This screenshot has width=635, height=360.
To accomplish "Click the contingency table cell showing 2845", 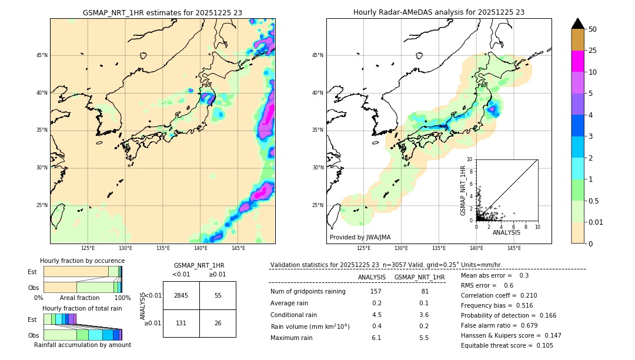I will click(x=181, y=295).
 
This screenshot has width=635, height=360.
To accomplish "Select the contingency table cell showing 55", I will click(x=218, y=295).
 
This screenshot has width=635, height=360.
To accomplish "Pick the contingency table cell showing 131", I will click(x=181, y=322).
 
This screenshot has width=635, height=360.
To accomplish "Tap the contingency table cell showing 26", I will click(x=218, y=322).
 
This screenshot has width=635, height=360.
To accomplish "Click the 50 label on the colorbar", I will click(x=593, y=29).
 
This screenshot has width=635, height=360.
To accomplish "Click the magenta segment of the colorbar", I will click(x=577, y=61).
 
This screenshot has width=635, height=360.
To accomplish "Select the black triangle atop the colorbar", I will click(x=577, y=24).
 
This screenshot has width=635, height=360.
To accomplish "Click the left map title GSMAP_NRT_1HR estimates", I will click(x=162, y=12).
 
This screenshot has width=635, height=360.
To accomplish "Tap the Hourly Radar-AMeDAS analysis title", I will click(x=439, y=12).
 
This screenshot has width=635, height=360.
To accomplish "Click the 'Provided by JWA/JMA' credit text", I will click(x=360, y=238).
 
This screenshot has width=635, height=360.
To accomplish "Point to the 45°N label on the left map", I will click(x=42, y=55).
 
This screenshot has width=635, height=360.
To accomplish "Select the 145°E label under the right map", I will click(x=514, y=248).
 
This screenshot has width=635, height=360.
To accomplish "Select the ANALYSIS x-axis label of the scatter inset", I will click(x=506, y=232).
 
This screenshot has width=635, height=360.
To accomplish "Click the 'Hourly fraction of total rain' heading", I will click(x=82, y=308).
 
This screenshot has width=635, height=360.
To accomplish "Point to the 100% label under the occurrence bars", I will click(x=122, y=298).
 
